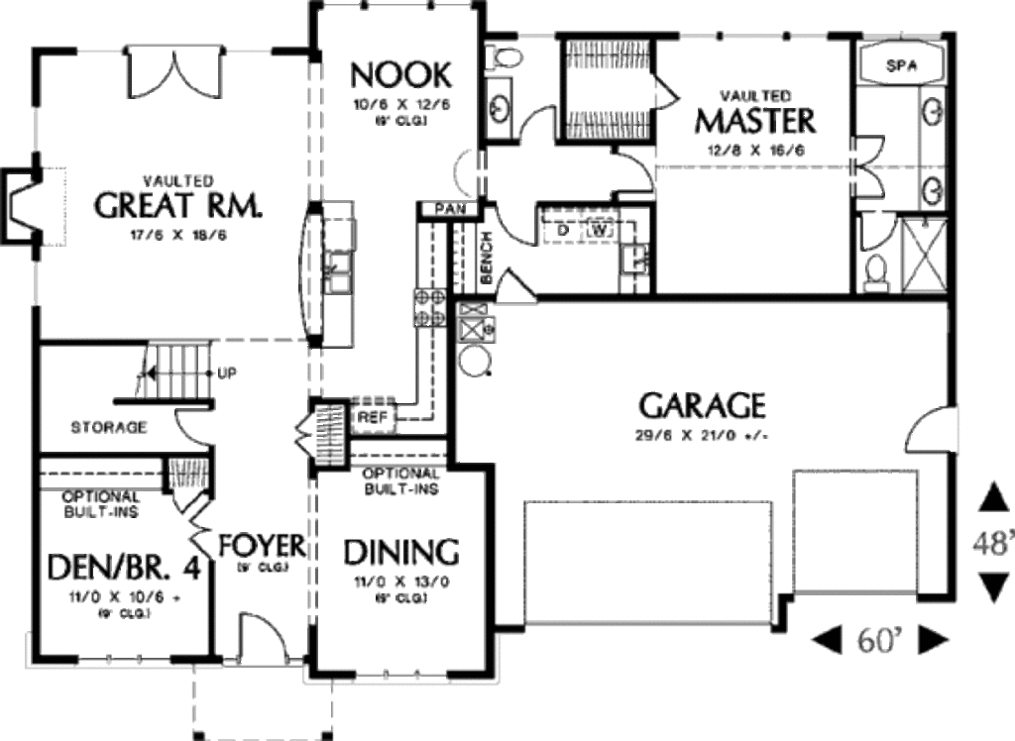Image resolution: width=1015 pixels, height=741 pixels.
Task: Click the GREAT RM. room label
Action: (x=179, y=205)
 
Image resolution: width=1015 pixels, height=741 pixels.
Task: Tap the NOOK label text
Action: (x=401, y=74)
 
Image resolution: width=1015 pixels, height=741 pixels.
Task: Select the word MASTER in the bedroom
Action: (x=755, y=121)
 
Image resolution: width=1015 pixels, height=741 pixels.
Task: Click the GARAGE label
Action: (x=702, y=405)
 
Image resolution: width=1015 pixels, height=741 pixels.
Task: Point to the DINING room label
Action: (x=401, y=551)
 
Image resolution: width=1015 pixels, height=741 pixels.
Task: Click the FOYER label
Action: (x=262, y=545)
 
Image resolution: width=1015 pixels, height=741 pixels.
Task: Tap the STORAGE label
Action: (x=109, y=428)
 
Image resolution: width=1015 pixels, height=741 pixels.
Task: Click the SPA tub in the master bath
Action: (x=900, y=66)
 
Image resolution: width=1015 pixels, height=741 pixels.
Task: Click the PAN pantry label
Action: (x=443, y=210)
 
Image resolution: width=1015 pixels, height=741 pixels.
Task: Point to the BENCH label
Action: (x=487, y=260)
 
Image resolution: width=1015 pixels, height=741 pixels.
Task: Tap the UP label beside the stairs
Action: (x=225, y=373)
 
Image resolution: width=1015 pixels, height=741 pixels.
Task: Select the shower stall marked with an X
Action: (x=924, y=256)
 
